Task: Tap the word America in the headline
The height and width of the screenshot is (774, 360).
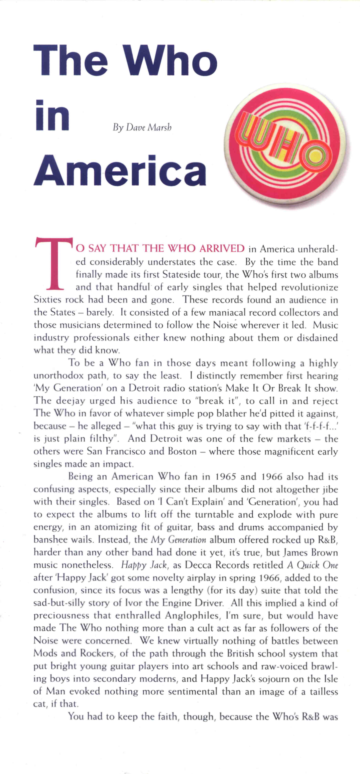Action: (x=120, y=170)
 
